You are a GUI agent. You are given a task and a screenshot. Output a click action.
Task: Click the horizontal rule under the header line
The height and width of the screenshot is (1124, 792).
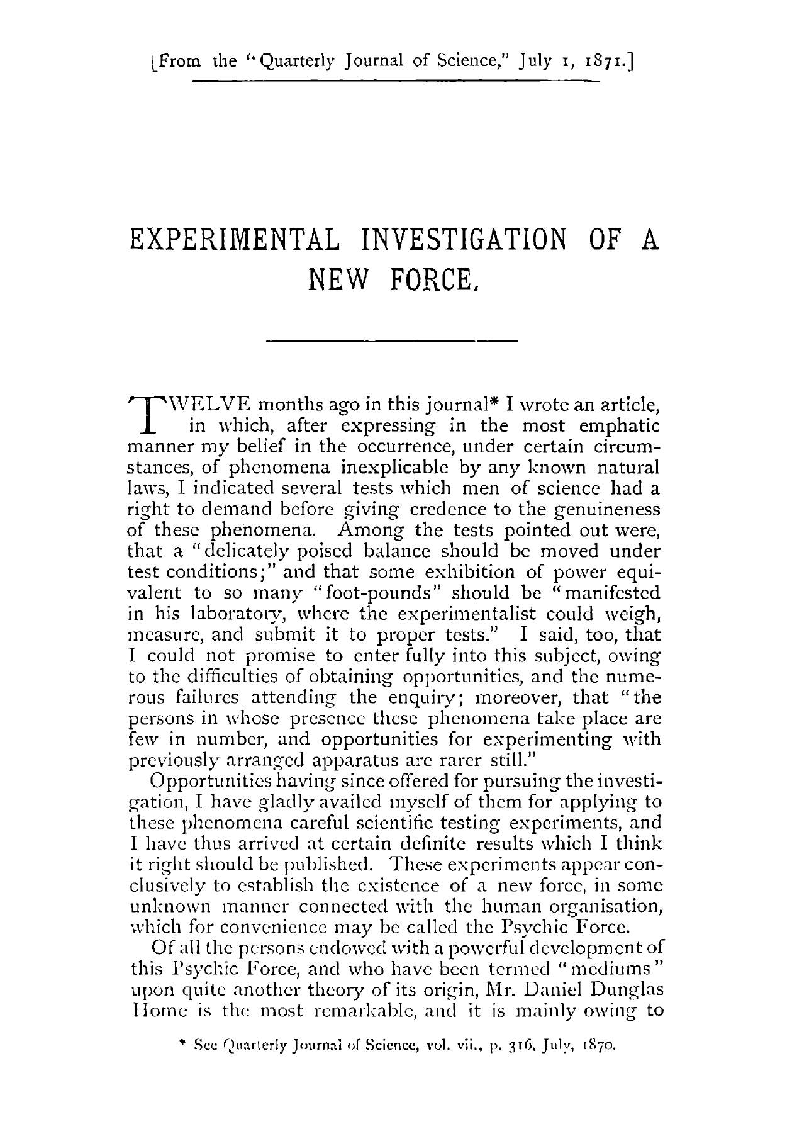pyautogui.click(x=396, y=81)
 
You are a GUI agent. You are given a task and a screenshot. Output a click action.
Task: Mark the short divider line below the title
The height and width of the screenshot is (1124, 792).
pyautogui.click(x=392, y=341)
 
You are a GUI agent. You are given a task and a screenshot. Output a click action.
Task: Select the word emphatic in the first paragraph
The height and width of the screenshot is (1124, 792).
pyautogui.click(x=619, y=426)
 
